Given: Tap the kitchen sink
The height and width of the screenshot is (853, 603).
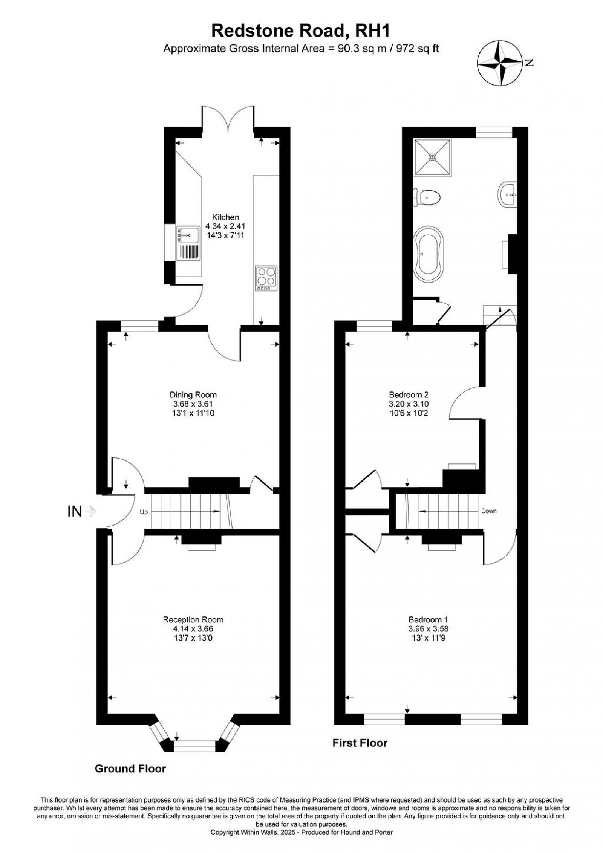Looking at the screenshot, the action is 188,243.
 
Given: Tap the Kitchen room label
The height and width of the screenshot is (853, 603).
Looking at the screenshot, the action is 225,217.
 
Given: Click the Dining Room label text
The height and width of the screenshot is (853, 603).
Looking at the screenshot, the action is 193,395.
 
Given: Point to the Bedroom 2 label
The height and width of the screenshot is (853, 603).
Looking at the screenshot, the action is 409,395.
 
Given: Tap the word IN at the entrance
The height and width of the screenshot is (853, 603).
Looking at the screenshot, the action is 74,511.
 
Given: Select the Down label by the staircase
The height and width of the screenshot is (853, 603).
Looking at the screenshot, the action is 488,511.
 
